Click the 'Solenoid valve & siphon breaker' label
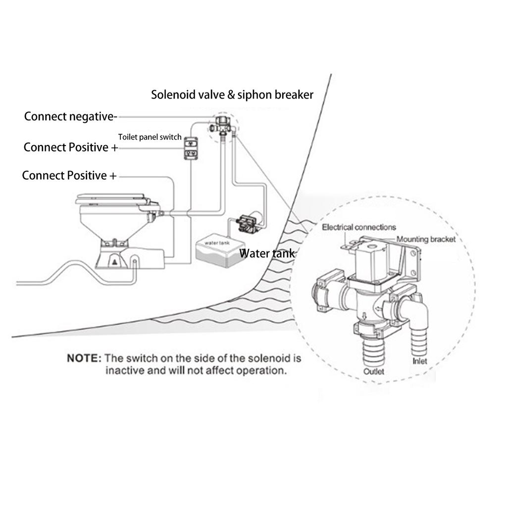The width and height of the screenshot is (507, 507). [x=232, y=95]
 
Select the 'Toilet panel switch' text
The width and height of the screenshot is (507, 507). [x=150, y=137]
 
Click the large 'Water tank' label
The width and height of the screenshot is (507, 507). [x=267, y=253]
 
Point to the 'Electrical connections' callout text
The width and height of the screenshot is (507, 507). [x=359, y=227]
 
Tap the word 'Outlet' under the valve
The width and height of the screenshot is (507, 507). [x=374, y=371]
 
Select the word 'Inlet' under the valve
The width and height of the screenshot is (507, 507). [x=419, y=361]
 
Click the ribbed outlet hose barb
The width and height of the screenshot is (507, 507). [x=371, y=349]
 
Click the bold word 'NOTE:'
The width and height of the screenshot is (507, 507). [x=84, y=357]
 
